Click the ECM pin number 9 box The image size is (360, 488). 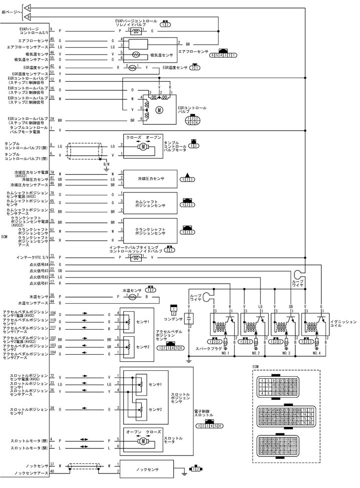click(x=52, y=30)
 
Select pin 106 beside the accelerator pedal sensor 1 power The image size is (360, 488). click(x=52, y=313)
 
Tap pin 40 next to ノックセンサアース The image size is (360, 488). click(x=52, y=470)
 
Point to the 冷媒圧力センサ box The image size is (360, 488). click(x=151, y=178)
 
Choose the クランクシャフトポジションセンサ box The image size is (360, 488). click(x=151, y=232)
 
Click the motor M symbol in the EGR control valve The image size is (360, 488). click(x=160, y=109)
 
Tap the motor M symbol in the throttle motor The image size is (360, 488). click(x=143, y=441)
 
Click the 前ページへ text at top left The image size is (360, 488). click(x=11, y=11)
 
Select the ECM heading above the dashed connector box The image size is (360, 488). click(x=255, y=366)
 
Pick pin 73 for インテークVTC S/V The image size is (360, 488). click(x=52, y=256)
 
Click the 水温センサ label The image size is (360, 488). click(x=131, y=290)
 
